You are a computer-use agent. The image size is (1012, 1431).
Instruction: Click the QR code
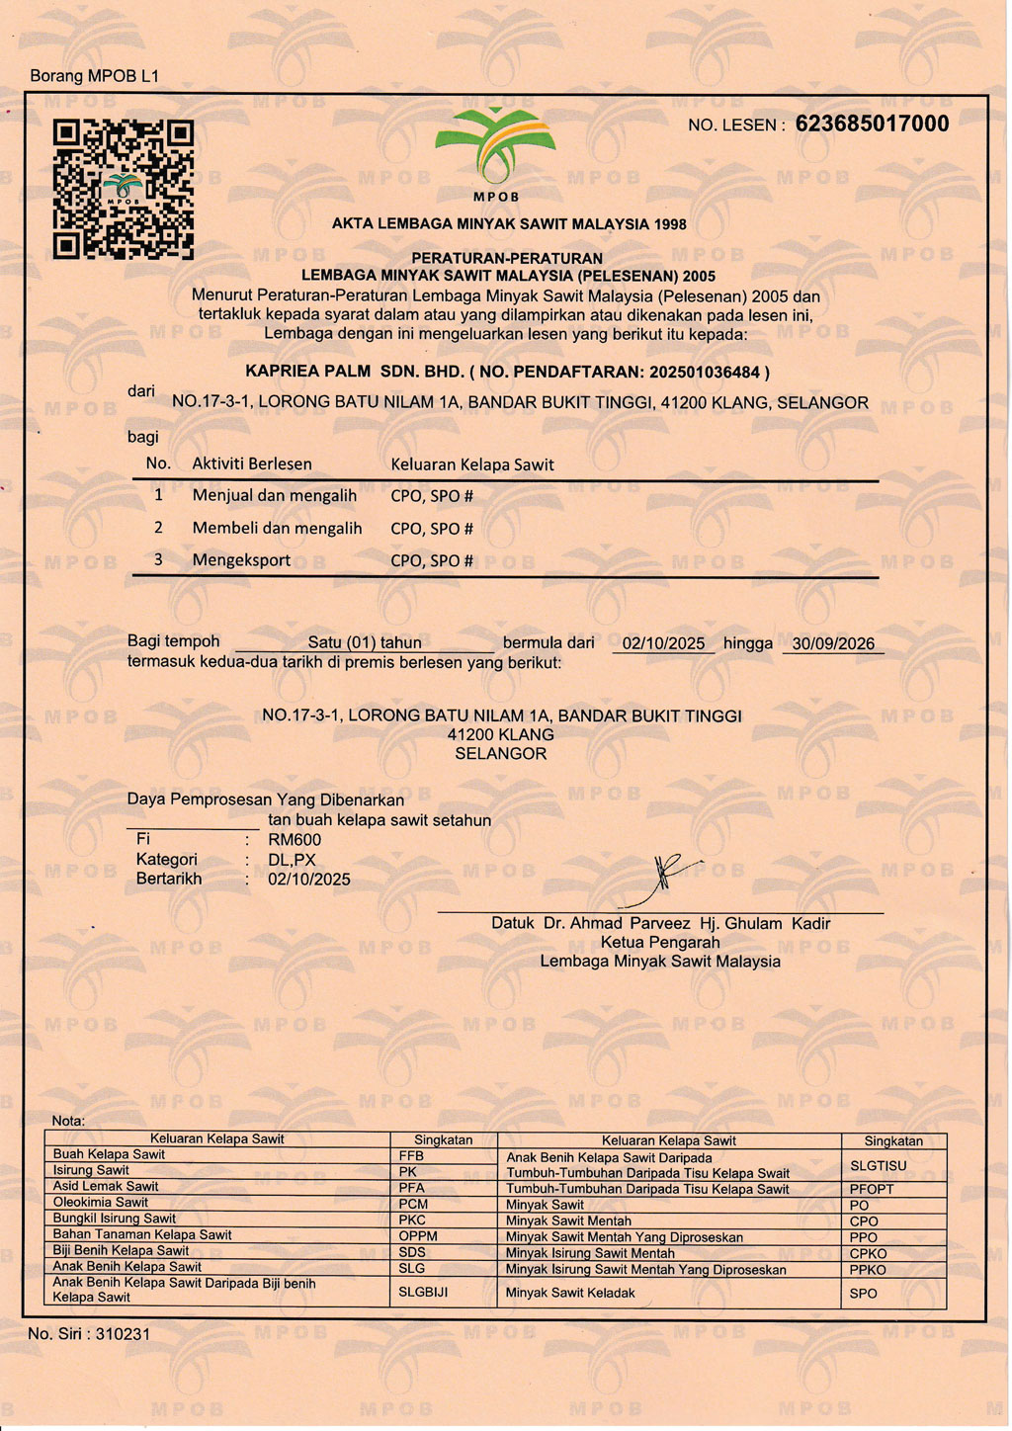[x=123, y=189]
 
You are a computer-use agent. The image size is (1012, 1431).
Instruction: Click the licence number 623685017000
[x=872, y=124]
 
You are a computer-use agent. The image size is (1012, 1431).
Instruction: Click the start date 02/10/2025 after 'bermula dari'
[x=663, y=643]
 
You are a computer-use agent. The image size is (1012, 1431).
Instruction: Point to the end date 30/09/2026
[x=833, y=643]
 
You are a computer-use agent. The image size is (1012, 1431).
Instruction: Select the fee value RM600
[x=295, y=840]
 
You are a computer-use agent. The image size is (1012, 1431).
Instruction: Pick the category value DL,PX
[x=292, y=860]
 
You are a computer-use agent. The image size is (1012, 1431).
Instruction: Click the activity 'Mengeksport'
[x=241, y=560]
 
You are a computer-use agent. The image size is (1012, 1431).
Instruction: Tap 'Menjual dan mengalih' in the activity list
[x=275, y=496]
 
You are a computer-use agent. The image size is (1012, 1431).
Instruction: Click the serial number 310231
[x=123, y=1334]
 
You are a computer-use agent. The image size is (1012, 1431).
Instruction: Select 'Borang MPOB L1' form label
[x=94, y=76]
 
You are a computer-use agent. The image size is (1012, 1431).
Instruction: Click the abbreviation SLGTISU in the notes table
[x=878, y=1166]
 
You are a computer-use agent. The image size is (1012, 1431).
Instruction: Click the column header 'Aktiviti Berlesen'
[x=252, y=464]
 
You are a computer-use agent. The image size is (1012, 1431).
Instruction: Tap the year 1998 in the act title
[x=670, y=224]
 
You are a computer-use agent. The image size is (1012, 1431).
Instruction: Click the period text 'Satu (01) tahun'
[x=365, y=643]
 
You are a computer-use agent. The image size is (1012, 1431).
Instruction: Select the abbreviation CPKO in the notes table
[x=868, y=1254]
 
